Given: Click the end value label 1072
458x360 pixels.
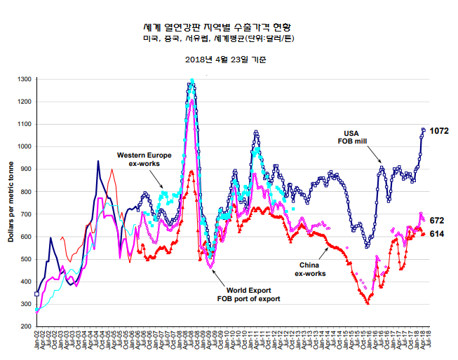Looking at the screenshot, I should click(x=439, y=131).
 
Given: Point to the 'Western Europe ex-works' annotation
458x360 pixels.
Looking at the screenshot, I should click(x=139, y=158).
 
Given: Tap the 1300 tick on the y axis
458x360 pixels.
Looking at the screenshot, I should click(x=23, y=80).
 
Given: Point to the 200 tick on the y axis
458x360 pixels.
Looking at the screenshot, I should click(x=25, y=326).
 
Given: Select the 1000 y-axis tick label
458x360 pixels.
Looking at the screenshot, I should click(x=23, y=147).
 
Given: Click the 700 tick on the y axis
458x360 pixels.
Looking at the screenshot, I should click(x=25, y=214).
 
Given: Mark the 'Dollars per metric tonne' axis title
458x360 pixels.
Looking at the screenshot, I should click(x=10, y=203).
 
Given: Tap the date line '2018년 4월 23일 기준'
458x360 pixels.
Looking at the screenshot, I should click(x=225, y=60).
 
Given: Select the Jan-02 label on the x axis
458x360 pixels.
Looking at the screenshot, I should click(x=36, y=342).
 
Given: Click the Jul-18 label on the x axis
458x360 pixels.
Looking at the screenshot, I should click(x=429, y=342).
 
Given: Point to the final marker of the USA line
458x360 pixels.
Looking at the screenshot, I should click(x=424, y=130).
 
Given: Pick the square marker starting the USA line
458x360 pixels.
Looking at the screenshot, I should click(x=36, y=294).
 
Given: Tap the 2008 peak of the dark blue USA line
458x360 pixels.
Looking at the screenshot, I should click(x=191, y=82).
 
